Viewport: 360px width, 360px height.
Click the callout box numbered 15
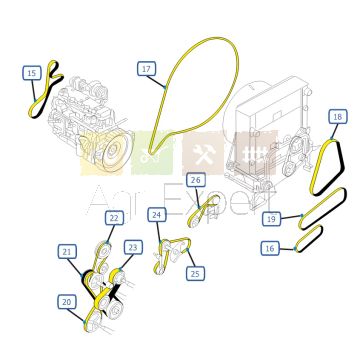click(32, 73)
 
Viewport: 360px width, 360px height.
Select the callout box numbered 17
click(146, 69)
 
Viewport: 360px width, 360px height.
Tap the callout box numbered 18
click(337, 117)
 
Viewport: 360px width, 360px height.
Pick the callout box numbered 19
click(271, 219)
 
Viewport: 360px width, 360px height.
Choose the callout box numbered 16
click(270, 248)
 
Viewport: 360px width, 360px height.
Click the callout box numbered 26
click(196, 180)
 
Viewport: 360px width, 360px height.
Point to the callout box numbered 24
click(157, 215)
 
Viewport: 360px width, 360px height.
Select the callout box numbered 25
click(195, 273)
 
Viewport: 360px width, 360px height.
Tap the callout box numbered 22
click(114, 218)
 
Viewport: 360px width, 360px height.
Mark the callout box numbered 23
click(133, 247)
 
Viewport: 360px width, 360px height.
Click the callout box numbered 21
click(67, 252)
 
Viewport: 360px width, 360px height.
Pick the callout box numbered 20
click(67, 302)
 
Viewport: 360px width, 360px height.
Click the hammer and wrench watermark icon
click(202, 154)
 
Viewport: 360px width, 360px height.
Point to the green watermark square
click(152, 154)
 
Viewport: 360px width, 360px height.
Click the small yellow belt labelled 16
click(309, 238)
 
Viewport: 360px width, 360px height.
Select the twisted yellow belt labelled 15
click(46, 90)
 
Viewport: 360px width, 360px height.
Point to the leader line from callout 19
click(291, 217)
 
